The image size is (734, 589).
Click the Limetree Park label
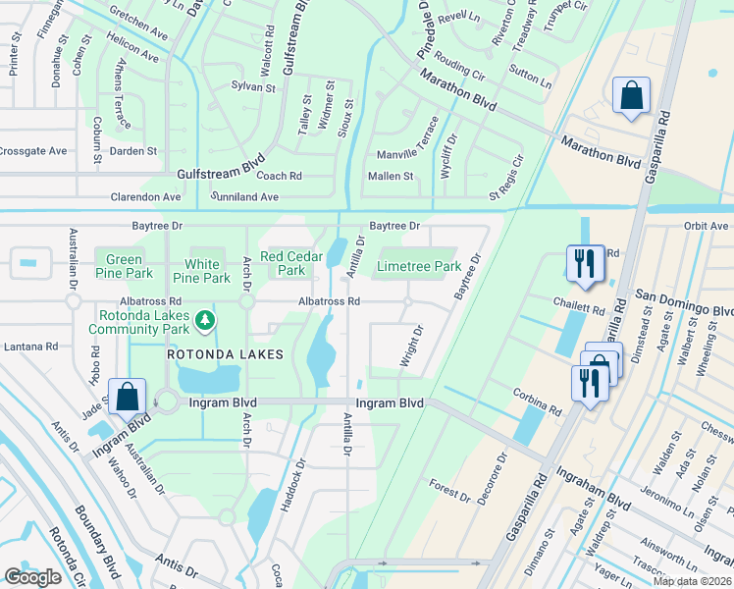(x=419, y=266)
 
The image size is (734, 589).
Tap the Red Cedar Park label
(x=291, y=262)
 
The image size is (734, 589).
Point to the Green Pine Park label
(x=124, y=266)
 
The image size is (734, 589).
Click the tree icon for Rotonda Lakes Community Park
(x=204, y=319)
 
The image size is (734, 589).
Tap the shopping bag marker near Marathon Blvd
(x=631, y=97)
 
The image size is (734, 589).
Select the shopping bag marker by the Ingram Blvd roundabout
(x=128, y=398)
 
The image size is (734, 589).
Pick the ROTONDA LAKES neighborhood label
(x=225, y=354)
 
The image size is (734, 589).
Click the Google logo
(x=33, y=577)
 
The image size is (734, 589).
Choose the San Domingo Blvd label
(x=684, y=302)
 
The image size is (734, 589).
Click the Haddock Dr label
(x=292, y=485)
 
